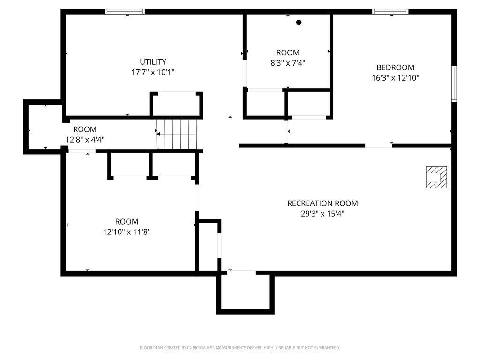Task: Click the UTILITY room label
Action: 153,62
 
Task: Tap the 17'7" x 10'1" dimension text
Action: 153,72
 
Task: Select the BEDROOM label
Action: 395,67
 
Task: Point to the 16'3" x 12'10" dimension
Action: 395,78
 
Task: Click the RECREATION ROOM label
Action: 322,203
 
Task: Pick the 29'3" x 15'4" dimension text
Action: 322,214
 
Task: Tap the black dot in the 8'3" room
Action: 299,22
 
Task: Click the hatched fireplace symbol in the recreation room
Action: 436,177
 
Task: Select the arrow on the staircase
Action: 159,134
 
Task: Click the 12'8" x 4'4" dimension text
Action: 84,139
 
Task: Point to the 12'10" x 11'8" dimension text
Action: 127,232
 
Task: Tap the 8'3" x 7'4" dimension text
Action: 287,63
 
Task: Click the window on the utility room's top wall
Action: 125,12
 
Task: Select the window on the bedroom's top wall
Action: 390,12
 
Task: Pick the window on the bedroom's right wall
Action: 454,84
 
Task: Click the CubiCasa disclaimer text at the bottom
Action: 240,348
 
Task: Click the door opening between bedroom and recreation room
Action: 378,146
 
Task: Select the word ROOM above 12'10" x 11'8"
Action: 127,222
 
